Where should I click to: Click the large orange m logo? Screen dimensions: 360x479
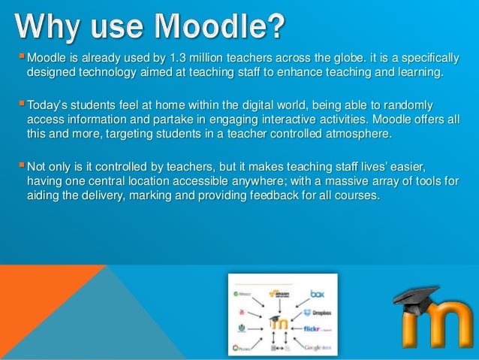[435, 327]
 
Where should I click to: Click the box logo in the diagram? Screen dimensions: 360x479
[318, 294]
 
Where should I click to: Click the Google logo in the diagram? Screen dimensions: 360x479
[315, 347]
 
